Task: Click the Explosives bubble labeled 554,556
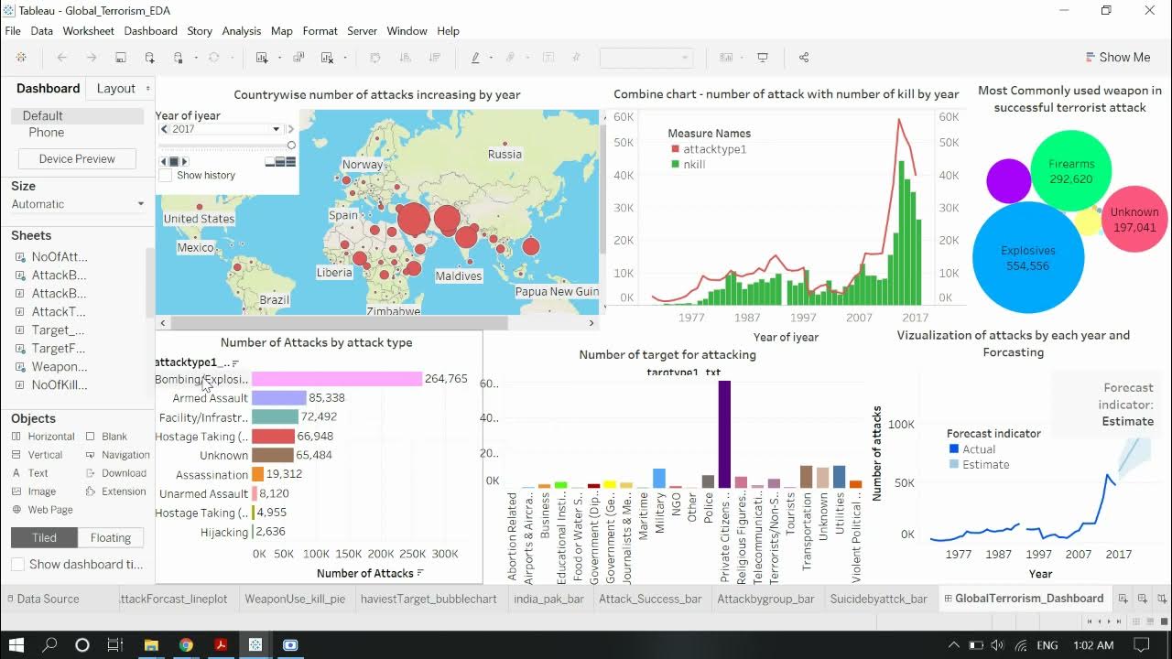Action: pos(1027,258)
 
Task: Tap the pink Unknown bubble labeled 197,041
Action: pos(1134,219)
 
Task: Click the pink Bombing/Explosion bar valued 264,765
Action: pos(336,379)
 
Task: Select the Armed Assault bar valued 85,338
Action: pos(278,398)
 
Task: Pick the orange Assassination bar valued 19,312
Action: pos(258,474)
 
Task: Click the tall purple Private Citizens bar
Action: pos(724,435)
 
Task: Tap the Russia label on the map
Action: pos(505,154)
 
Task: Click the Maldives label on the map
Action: pos(458,275)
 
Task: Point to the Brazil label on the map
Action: pos(274,299)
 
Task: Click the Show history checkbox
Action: pos(166,175)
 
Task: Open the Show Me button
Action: pos(1117,57)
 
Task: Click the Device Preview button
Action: pos(77,158)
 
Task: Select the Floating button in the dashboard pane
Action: pos(111,537)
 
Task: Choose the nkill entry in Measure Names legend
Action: pos(694,165)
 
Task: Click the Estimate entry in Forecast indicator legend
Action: pos(985,464)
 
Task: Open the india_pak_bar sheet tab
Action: pos(548,599)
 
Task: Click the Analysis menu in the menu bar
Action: pos(241,30)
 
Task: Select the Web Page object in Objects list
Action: pos(49,510)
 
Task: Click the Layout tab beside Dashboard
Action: pos(116,88)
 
